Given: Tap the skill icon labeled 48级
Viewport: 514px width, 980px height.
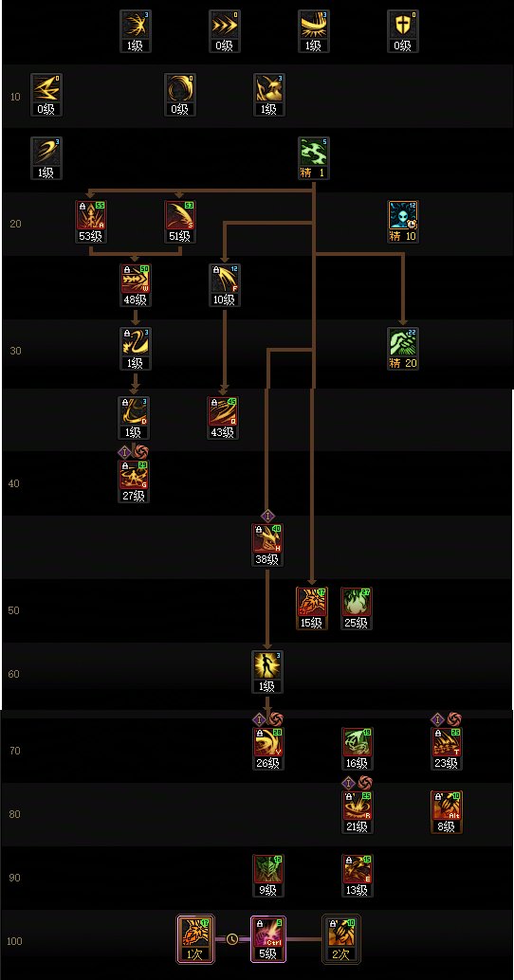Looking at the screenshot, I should tap(136, 281).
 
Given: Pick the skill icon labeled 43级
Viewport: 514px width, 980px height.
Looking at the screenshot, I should tap(223, 412).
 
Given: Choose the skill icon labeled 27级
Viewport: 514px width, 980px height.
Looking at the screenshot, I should tap(136, 477).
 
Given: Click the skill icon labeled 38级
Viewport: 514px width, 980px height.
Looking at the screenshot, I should tap(267, 540).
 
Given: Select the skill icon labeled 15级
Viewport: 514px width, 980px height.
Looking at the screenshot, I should tap(311, 604).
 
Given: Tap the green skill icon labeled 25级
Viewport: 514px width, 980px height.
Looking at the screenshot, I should tap(356, 604).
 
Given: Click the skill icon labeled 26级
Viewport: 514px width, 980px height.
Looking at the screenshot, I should tap(267, 744).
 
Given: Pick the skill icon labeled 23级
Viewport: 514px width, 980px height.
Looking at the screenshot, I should tap(446, 744).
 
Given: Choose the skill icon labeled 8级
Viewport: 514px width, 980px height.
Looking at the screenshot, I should tap(446, 808).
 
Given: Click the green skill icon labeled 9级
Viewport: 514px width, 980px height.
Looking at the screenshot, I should tap(267, 871).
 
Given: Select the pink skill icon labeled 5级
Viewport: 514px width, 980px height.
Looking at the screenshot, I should tap(266, 933).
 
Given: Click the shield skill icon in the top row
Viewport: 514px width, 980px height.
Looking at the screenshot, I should tap(403, 27).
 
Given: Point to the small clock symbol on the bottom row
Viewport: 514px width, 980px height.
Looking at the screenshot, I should tap(232, 939).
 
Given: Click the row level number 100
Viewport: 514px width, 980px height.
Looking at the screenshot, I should tap(14, 941).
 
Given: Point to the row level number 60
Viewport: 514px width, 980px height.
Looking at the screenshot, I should tap(14, 674).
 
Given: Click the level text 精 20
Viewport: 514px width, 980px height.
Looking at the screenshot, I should tap(403, 363).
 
